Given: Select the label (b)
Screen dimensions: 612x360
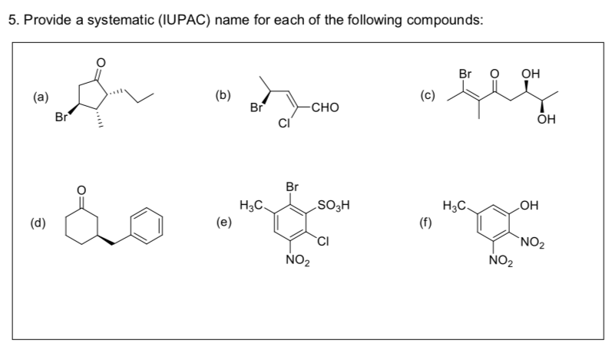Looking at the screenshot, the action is pos(222,96).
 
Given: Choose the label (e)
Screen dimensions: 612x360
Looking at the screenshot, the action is pos(222,223).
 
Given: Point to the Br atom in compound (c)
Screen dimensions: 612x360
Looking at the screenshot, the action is pos(464,74).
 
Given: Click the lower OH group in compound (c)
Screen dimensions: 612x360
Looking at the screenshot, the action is pos(546,121).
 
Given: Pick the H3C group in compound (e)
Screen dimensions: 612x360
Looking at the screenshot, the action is pos(253,205).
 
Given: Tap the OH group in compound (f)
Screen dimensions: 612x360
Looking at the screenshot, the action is pos(530,205).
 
